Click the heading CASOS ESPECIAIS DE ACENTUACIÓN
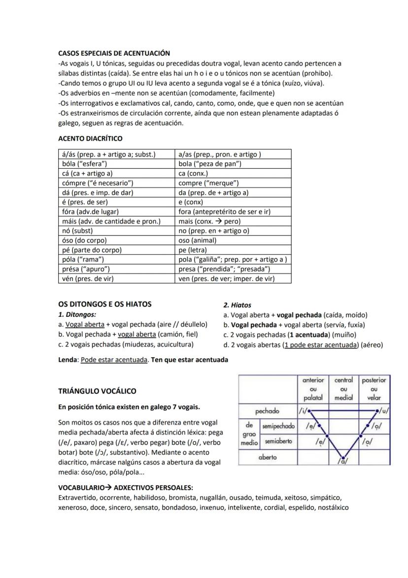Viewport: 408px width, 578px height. [x=114, y=53]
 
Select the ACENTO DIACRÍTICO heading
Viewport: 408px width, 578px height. [x=90, y=138]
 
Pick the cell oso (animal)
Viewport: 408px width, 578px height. [x=198, y=240]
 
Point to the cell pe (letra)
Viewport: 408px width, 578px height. [x=193, y=250]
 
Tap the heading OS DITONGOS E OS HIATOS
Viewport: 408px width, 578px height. [x=105, y=304]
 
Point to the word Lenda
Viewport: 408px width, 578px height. [x=68, y=360]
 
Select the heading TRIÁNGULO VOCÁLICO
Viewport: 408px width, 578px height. [x=97, y=391]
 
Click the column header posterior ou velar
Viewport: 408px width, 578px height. [x=374, y=388]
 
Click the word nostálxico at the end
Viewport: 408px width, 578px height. [x=333, y=507]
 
